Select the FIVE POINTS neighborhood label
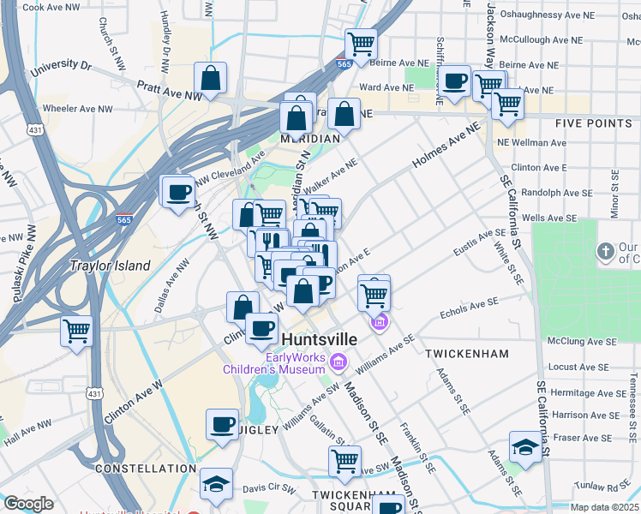[593, 123]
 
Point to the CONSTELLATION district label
[146, 469]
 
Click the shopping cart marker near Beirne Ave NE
[362, 43]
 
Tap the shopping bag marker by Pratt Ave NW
[210, 79]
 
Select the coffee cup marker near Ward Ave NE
[455, 82]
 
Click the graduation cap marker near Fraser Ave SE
[525, 446]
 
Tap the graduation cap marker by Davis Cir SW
[217, 483]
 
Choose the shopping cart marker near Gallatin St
[344, 461]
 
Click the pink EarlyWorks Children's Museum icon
[338, 363]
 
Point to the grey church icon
[606, 251]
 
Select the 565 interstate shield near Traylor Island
[125, 219]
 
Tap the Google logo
[28, 504]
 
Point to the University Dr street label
[61, 65]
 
